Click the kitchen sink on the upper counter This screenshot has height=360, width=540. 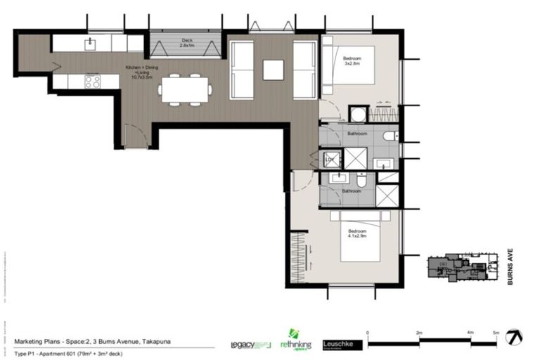89,44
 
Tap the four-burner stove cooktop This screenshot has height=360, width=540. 92,81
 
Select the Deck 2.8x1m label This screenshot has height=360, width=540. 187,43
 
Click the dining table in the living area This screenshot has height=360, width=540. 184,89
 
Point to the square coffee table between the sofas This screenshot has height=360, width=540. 273,70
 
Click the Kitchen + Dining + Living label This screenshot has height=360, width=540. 140,71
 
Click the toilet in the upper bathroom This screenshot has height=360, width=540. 390,136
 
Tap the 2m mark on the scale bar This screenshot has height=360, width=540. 420,332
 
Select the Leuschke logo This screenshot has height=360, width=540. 342,345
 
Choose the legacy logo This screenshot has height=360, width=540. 250,345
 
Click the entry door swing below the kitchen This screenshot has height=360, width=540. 135,136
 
